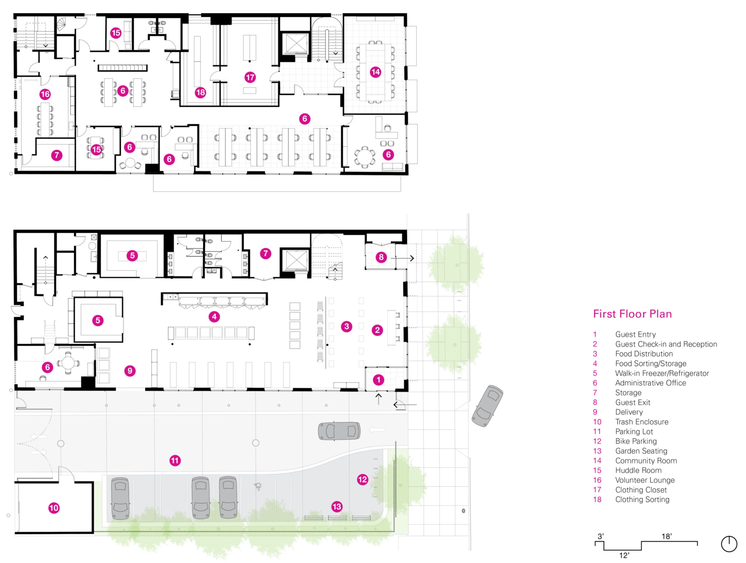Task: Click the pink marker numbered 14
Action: coord(375,72)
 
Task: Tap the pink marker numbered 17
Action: coord(250,77)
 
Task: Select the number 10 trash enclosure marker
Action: coord(54,508)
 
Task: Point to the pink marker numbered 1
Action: coord(379,380)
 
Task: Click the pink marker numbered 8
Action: coord(381,257)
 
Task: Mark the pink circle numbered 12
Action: coord(363,480)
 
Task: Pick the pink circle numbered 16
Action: coord(45,94)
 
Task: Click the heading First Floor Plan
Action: coord(632,314)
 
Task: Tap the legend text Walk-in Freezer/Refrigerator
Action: coord(662,373)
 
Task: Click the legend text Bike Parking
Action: coord(636,441)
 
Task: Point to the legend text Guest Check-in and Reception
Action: coord(666,344)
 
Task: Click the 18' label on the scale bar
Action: coord(666,536)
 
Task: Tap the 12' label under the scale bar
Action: coord(624,555)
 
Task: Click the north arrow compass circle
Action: coord(729,544)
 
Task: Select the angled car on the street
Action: coord(487,406)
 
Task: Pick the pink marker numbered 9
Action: coord(130,371)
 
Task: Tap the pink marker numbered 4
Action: coord(214,317)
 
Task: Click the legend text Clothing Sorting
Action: coord(642,499)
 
